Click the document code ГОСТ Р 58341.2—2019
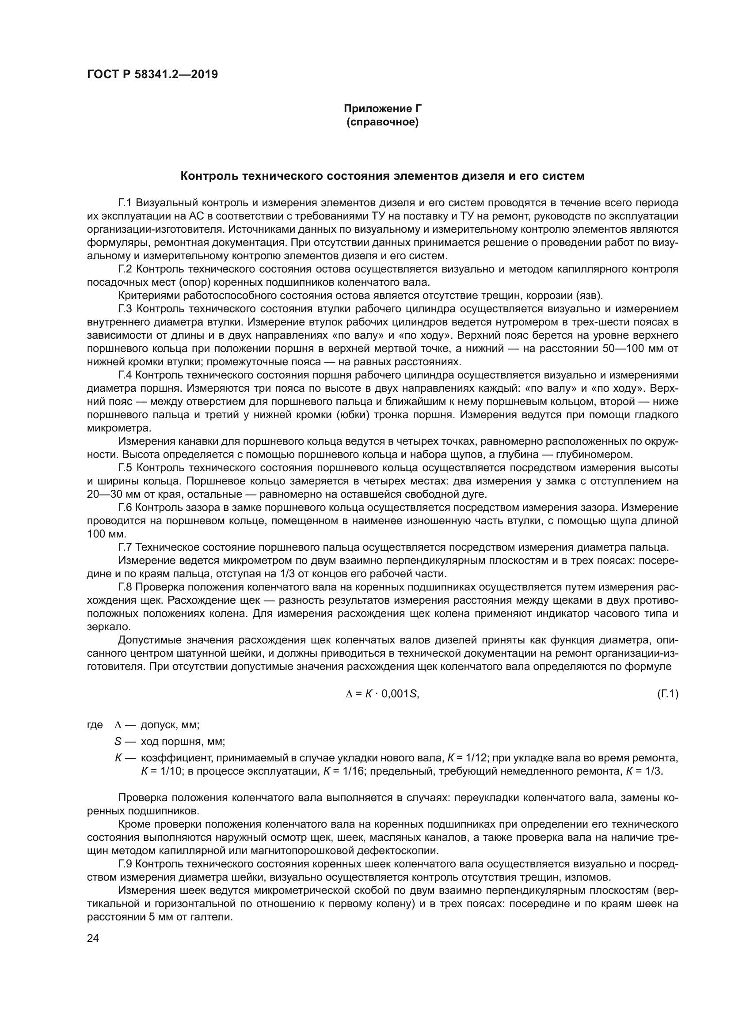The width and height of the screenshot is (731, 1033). click(152, 74)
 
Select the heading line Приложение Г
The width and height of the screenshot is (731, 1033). click(382, 109)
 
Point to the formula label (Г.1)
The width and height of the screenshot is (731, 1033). click(667, 694)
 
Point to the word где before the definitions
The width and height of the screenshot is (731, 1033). click(95, 725)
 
